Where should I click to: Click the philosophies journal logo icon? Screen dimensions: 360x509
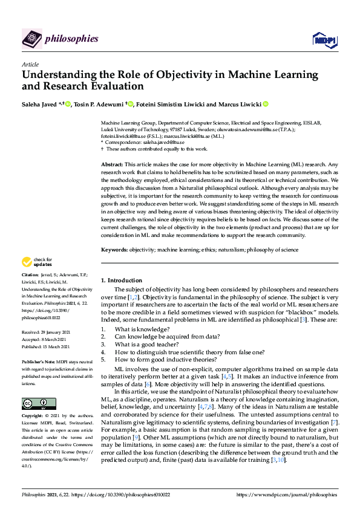(32, 39)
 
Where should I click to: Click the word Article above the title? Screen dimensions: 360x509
(30, 63)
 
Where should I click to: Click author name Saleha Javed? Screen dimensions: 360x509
(42, 105)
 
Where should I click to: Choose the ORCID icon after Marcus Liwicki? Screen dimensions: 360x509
(265, 105)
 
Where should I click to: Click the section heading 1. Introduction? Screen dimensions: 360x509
(121, 280)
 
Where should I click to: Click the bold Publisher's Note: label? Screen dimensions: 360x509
(40, 360)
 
